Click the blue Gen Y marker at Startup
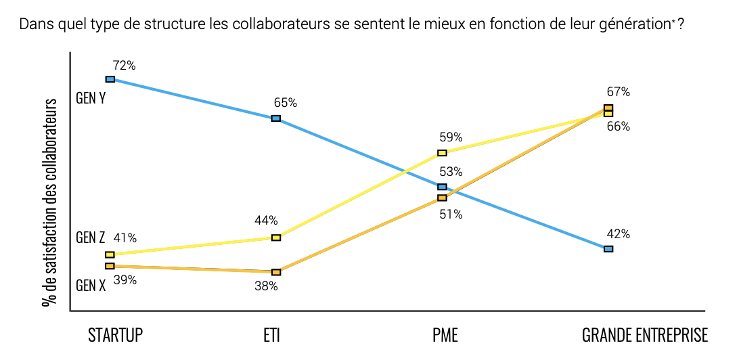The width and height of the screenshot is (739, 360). click(110, 79)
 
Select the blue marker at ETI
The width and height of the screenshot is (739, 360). click(276, 118)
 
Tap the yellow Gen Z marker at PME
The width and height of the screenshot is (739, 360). click(442, 153)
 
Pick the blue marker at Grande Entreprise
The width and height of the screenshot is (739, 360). click(608, 249)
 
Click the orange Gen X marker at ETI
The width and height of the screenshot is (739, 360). click(276, 272)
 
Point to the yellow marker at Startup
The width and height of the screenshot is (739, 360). click(110, 255)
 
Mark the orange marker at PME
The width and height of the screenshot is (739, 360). click(442, 198)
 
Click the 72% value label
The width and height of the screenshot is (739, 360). click(125, 66)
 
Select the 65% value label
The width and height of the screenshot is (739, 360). click(286, 103)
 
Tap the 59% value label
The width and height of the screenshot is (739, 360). click(451, 138)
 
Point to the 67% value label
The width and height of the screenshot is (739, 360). click(619, 92)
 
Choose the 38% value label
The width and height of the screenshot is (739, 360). click(266, 286)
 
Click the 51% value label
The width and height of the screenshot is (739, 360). click(451, 215)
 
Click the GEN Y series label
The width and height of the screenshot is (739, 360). click(91, 99)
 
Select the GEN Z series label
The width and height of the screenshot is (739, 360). click(91, 238)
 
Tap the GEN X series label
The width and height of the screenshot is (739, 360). click(91, 286)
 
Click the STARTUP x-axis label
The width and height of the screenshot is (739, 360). click(116, 336)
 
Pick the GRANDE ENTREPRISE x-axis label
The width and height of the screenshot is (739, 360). click(645, 336)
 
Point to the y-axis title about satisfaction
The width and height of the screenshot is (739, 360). click(49, 202)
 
